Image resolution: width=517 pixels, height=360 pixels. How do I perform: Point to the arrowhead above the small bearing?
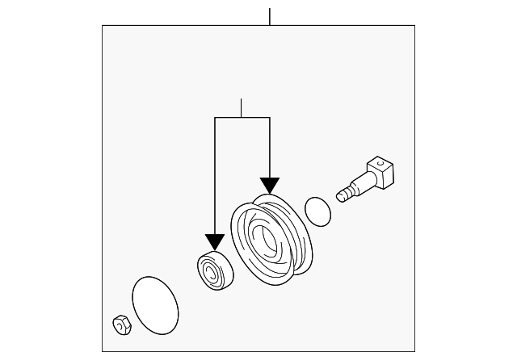coord(214,241)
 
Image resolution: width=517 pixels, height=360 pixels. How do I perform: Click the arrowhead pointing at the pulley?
coord(269,187)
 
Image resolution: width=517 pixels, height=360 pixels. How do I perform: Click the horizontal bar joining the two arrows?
coord(242,118)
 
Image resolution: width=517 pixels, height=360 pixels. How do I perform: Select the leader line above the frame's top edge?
coord(270,16)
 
